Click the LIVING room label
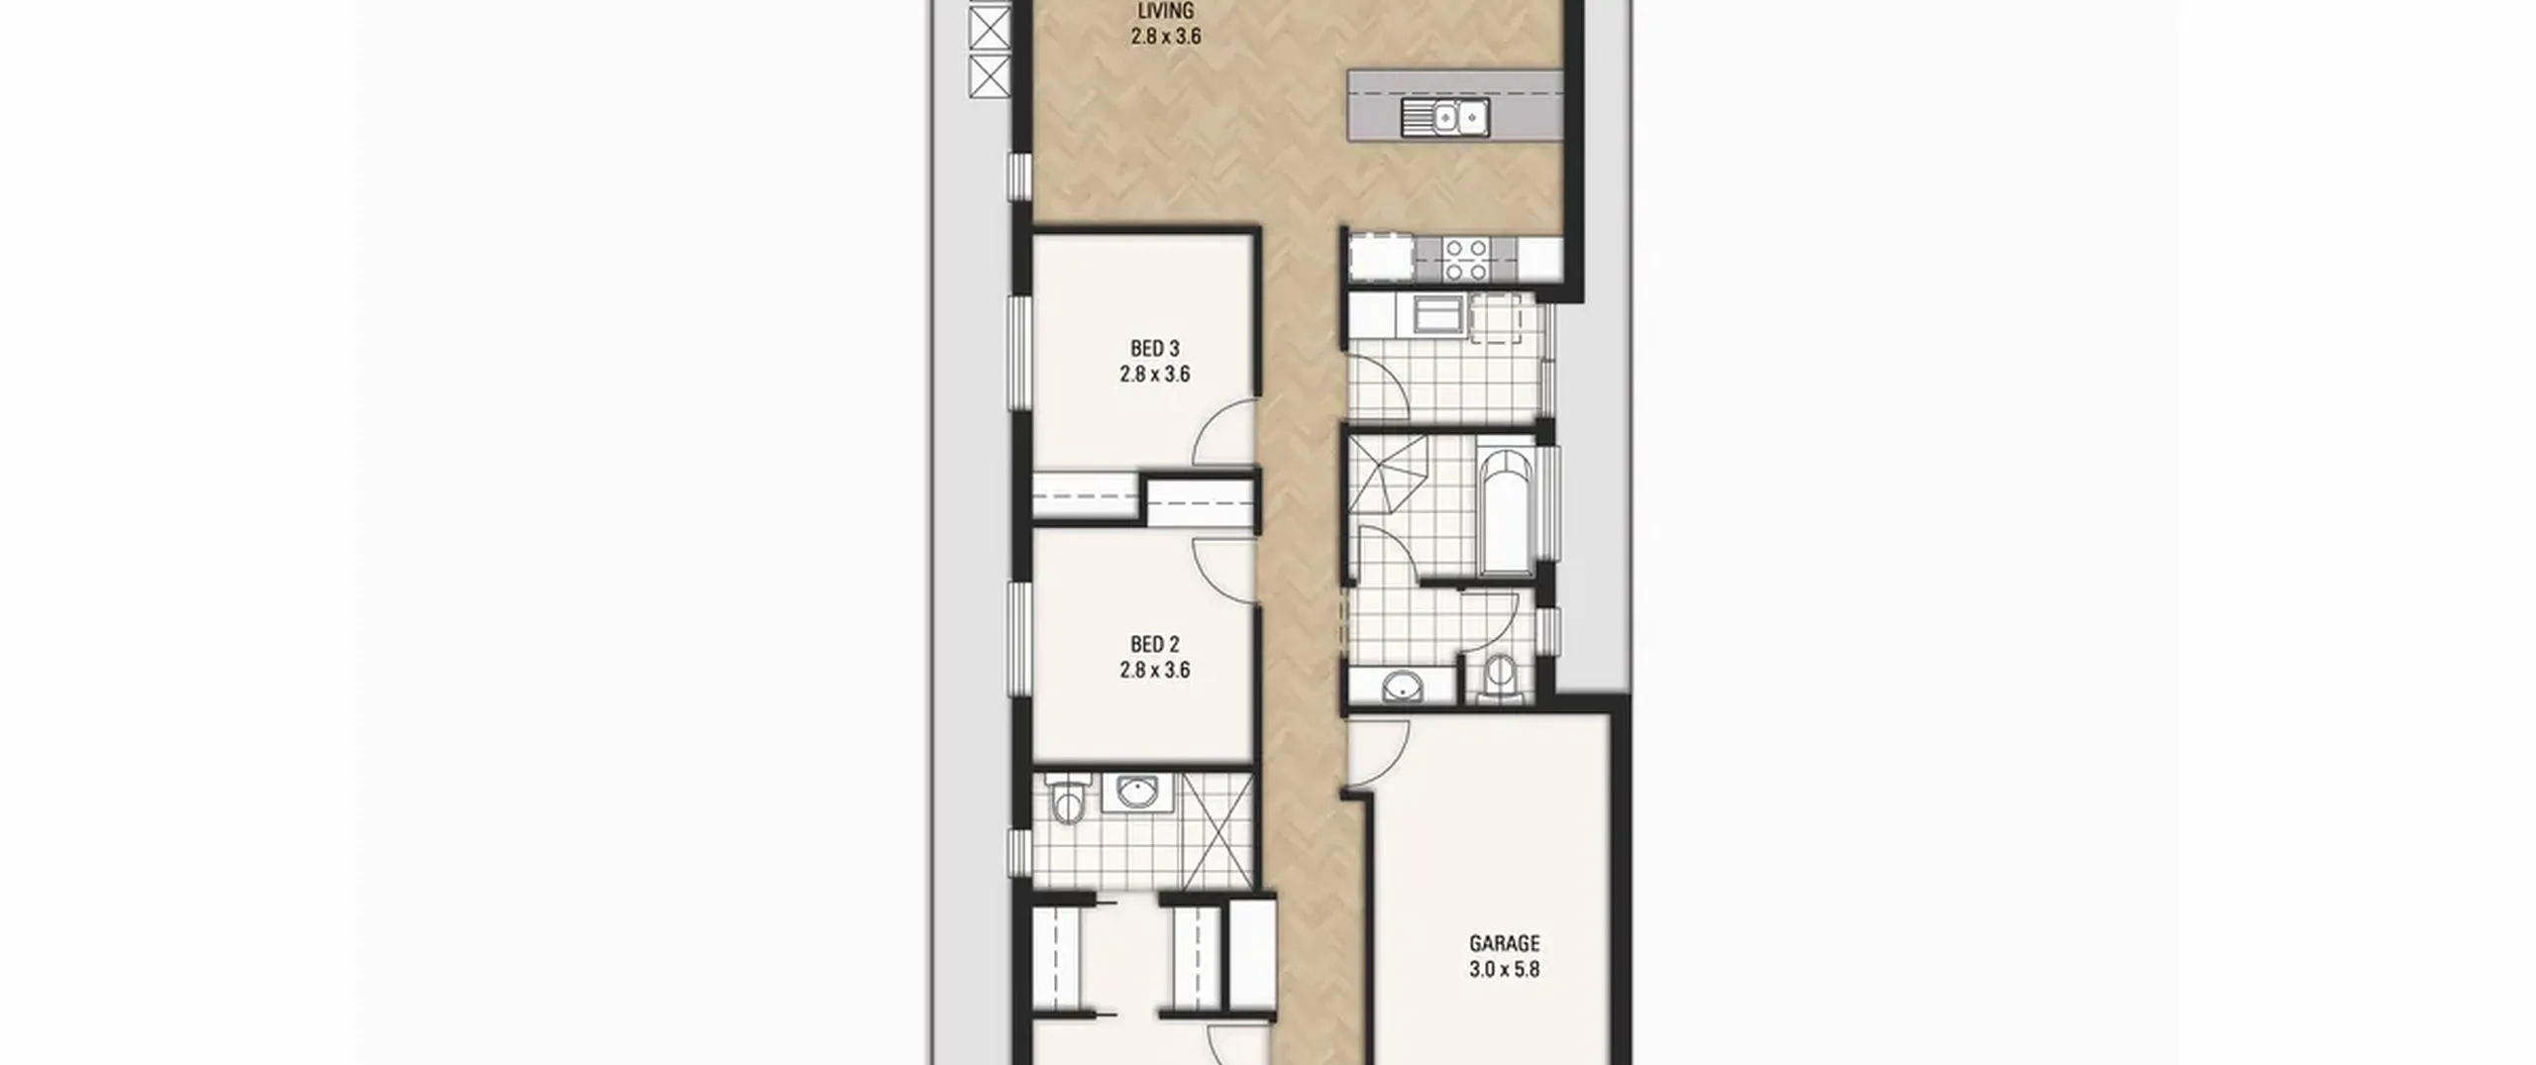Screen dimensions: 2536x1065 pyautogui.click(x=1165, y=11)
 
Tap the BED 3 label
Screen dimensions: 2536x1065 pyautogui.click(x=1155, y=349)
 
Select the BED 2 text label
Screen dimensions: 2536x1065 pyautogui.click(x=1155, y=644)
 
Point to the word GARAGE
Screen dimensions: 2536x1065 pyautogui.click(x=1504, y=943)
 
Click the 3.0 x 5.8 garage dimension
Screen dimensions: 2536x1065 pyautogui.click(x=1504, y=969)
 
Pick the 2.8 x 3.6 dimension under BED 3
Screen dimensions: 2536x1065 pyautogui.click(x=1155, y=374)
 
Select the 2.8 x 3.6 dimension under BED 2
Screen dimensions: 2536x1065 pyautogui.click(x=1155, y=670)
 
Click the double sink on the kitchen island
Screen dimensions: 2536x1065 pyautogui.click(x=1445, y=118)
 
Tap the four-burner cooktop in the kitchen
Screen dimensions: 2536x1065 pyautogui.click(x=1465, y=259)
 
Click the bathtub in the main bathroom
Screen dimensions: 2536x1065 pyautogui.click(x=1505, y=512)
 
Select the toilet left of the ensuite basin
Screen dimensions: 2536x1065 pyautogui.click(x=1066, y=801)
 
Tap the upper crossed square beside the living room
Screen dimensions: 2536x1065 pyautogui.click(x=989, y=28)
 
